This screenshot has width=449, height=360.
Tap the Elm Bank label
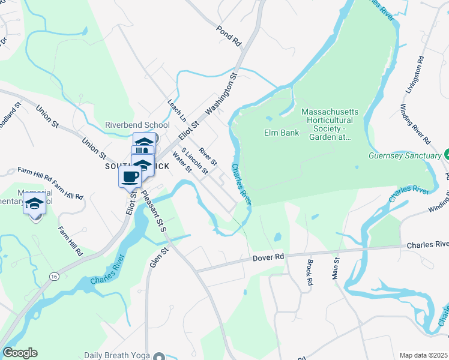[x=282, y=132]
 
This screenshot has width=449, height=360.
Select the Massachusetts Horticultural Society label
[x=330, y=124]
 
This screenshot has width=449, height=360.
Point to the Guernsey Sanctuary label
[x=405, y=155]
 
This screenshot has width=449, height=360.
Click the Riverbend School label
[x=137, y=125]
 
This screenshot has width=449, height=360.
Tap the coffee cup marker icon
[x=130, y=176]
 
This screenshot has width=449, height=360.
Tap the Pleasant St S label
[x=154, y=209]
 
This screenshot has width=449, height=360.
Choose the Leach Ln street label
[x=178, y=109]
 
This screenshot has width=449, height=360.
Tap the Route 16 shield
[x=54, y=275]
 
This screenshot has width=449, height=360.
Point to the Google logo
[x=20, y=353]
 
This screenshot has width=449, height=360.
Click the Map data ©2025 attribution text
[x=424, y=355]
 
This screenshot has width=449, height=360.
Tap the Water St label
[x=181, y=161]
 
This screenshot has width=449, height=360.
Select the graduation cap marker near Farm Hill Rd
[x=35, y=204]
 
